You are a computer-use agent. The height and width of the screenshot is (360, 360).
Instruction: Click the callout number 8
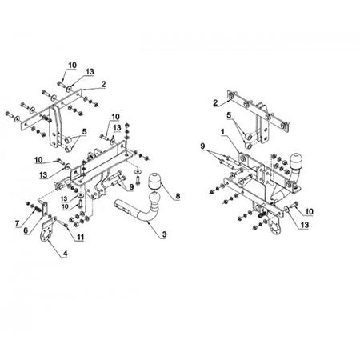pos(178,196)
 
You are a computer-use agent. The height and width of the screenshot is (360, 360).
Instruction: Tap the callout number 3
pos(164,234)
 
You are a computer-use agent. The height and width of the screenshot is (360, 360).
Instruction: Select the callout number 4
pos(65,254)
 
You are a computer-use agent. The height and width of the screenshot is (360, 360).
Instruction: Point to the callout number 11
pos(80,237)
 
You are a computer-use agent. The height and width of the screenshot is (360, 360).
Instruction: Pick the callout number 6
pos(26,230)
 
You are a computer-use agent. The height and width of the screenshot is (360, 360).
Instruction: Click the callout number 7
pos(18,223)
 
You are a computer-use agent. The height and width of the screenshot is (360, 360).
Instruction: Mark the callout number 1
pos(222,132)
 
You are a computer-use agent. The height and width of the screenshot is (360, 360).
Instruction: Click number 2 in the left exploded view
pos(103,84)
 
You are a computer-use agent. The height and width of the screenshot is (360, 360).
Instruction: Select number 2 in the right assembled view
pos(215,102)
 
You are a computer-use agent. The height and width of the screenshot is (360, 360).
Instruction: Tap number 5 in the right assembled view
pos(229,115)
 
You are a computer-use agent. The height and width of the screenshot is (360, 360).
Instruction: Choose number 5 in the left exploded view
pos(84,131)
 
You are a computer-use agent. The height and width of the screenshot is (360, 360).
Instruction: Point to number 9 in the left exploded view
pos(131,187)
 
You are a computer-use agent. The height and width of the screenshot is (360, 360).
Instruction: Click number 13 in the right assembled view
pos(305,225)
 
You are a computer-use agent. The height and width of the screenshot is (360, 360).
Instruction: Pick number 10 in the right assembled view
pos(309,212)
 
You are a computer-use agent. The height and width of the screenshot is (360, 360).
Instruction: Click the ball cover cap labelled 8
pos(154,182)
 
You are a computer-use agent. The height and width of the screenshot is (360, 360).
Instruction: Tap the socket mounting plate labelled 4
pos(47,231)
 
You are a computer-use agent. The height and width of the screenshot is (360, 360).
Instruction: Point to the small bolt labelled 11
pos(62,223)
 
